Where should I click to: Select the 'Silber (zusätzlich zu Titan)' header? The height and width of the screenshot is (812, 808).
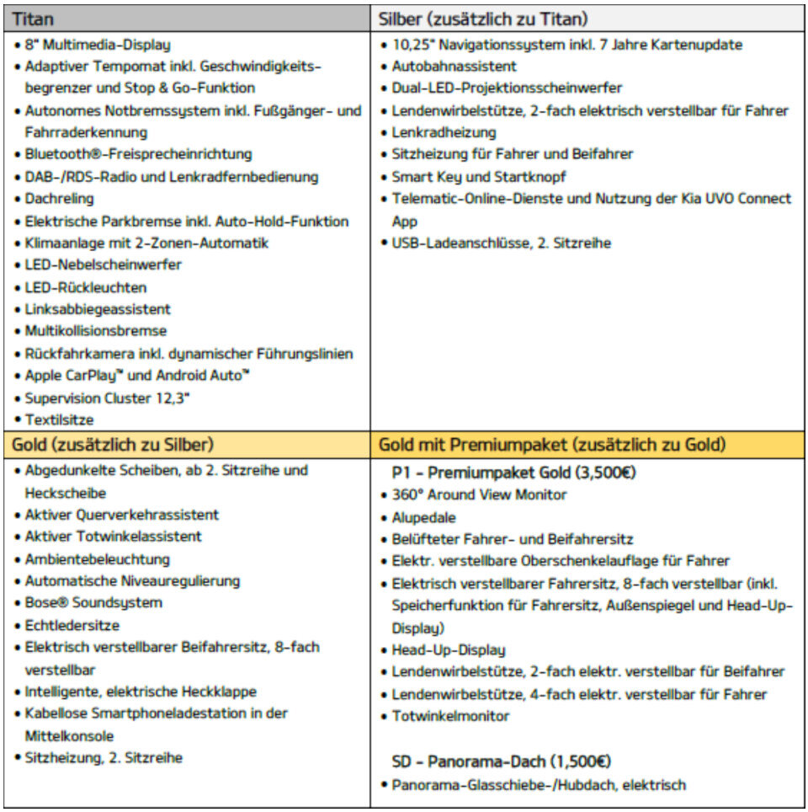[x=483, y=19]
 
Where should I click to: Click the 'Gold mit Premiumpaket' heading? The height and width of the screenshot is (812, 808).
[x=553, y=445]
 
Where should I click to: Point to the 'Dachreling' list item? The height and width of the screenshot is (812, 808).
[x=59, y=200]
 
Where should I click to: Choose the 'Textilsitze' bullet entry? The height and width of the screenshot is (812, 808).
[x=59, y=419]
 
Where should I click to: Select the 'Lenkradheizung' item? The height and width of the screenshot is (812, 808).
[x=444, y=132]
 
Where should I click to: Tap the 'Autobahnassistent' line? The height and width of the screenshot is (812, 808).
[x=454, y=67]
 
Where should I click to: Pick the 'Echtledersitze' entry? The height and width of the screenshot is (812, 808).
[x=72, y=625]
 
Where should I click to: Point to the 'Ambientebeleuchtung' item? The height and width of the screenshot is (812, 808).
[x=97, y=559]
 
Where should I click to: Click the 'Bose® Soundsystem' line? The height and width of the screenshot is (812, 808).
[x=93, y=603]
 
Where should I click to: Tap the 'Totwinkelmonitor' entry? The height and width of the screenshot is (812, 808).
[x=450, y=716]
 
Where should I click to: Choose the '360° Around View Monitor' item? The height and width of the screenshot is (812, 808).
[x=479, y=495]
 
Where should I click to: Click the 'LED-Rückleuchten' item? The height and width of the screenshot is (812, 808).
[x=85, y=287]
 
